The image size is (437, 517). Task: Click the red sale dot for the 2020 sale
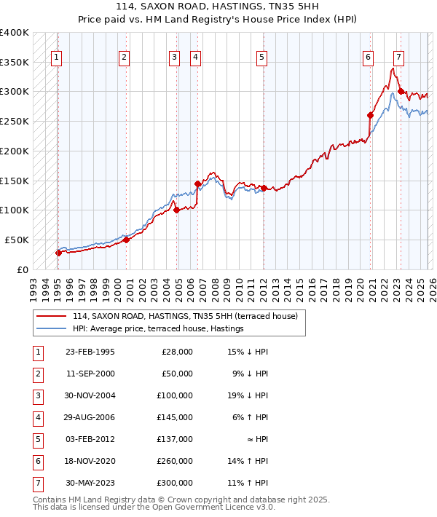(370, 115)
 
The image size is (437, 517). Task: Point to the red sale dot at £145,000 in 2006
(197, 183)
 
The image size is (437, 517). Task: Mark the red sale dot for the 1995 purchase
(58, 253)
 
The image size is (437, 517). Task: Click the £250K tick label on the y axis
(14, 121)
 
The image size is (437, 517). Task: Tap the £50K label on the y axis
(16, 240)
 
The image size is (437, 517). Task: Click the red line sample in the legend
(51, 317)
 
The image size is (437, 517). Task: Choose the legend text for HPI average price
(157, 329)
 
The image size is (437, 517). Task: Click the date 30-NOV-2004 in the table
(90, 395)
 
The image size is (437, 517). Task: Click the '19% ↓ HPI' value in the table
(248, 395)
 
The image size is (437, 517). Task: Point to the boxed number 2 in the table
(37, 374)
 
